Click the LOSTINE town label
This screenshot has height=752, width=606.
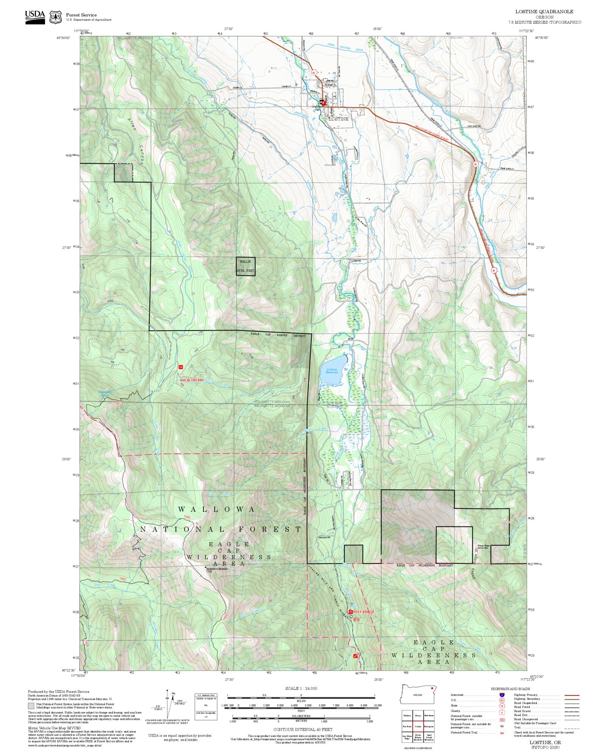(338, 119)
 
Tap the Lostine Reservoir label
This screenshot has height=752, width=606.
(331, 371)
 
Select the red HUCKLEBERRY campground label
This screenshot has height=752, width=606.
(192, 380)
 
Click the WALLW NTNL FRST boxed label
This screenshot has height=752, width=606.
(245, 266)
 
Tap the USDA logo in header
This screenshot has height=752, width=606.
(35, 17)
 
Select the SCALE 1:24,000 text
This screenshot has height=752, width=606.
(301, 688)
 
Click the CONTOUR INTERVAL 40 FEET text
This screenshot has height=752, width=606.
(303, 729)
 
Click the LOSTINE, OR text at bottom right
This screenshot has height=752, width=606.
(545, 743)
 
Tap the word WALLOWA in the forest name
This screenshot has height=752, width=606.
(217, 510)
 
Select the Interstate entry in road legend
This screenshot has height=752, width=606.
(457, 695)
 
